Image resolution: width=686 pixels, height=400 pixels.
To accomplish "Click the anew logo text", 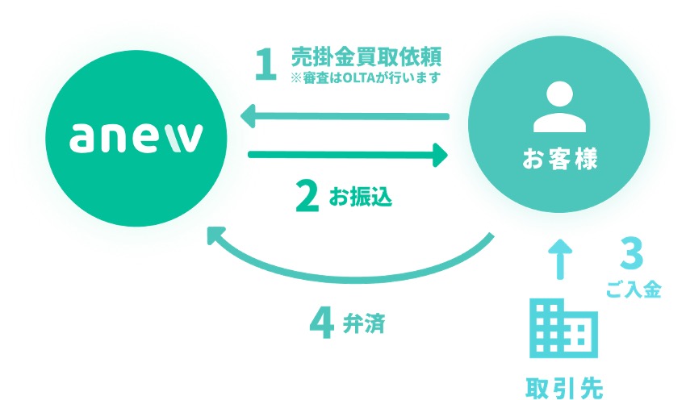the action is pos(136,138).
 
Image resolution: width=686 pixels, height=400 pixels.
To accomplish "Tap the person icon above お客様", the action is pos(559,106).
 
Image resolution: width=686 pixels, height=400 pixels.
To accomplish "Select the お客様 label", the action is pos(559,159).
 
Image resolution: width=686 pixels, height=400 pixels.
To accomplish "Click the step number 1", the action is pos(266,65).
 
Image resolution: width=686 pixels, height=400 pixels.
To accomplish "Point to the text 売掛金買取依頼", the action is pos(366,56).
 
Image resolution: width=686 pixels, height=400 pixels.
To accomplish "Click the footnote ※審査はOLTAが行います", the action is pos(365,77).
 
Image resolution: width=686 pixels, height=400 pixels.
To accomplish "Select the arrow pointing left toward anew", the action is pos(345,116).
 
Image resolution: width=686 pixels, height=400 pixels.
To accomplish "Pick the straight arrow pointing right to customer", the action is pos(348,154).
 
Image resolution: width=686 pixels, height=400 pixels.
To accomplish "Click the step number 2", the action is pos(307,197).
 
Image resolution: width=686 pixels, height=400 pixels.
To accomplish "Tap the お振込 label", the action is pos(361,196).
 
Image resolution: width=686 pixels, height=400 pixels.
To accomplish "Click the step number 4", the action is pos(322,324).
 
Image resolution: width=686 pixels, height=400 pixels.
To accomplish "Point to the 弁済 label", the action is pos(363,323).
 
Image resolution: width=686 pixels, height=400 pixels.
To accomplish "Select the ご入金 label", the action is pos(634,290).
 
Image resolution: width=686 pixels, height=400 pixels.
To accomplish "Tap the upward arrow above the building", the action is pos(560,259).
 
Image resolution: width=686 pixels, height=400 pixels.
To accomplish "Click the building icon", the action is pos(563,328).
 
